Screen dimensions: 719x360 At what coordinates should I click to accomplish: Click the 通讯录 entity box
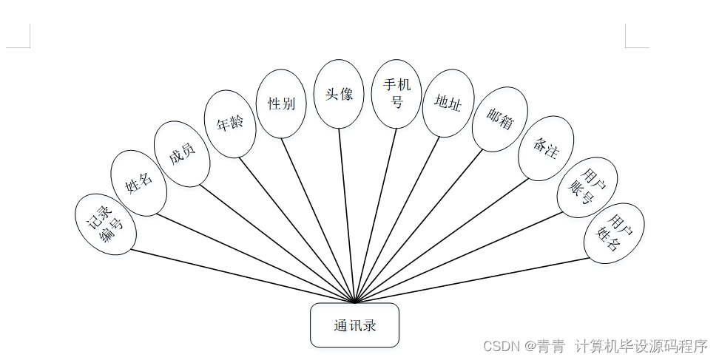(x=354, y=325)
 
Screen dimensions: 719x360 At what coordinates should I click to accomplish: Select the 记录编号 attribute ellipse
(x=106, y=225)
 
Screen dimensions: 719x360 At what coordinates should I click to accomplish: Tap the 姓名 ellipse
(x=138, y=183)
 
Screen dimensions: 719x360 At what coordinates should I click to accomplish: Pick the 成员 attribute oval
(x=182, y=154)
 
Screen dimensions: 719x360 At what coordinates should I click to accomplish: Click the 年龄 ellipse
(x=230, y=124)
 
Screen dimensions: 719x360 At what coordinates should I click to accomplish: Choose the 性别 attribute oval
(x=281, y=103)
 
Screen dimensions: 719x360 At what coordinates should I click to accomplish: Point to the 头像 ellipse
(x=339, y=94)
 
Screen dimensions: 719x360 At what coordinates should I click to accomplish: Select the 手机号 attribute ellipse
(x=396, y=93)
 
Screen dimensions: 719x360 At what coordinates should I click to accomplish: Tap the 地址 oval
(x=448, y=103)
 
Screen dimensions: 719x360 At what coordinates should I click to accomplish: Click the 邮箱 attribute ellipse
(x=500, y=119)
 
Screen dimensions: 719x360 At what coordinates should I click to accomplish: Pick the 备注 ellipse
(x=546, y=148)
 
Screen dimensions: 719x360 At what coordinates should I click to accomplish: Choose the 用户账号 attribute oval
(x=587, y=187)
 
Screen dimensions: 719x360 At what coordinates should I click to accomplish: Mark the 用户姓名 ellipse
(x=614, y=233)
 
